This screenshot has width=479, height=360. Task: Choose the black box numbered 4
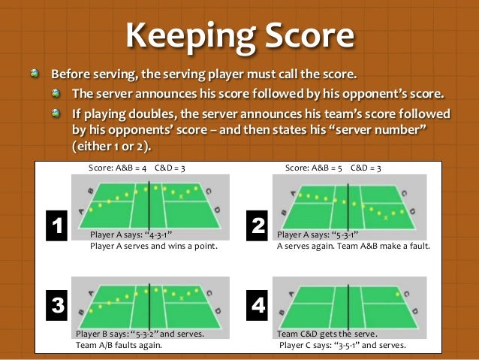coord(257,306)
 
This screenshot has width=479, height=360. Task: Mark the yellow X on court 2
coord(386,217)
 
